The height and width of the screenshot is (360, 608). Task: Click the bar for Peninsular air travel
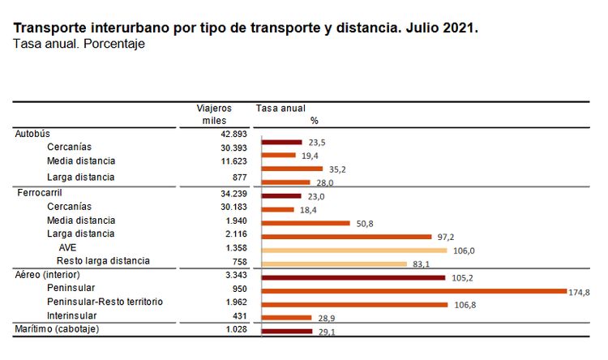point(413,290)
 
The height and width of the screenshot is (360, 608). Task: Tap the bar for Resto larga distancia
point(334,264)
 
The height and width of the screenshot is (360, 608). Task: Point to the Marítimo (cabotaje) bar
point(287,331)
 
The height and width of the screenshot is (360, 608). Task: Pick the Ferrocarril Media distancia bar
point(306,223)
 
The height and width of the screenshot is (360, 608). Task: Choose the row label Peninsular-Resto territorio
point(105,302)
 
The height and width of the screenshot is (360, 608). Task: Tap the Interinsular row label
point(72,315)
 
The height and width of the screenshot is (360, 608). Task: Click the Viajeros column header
point(214,108)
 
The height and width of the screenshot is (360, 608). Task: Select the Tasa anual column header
point(280,108)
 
